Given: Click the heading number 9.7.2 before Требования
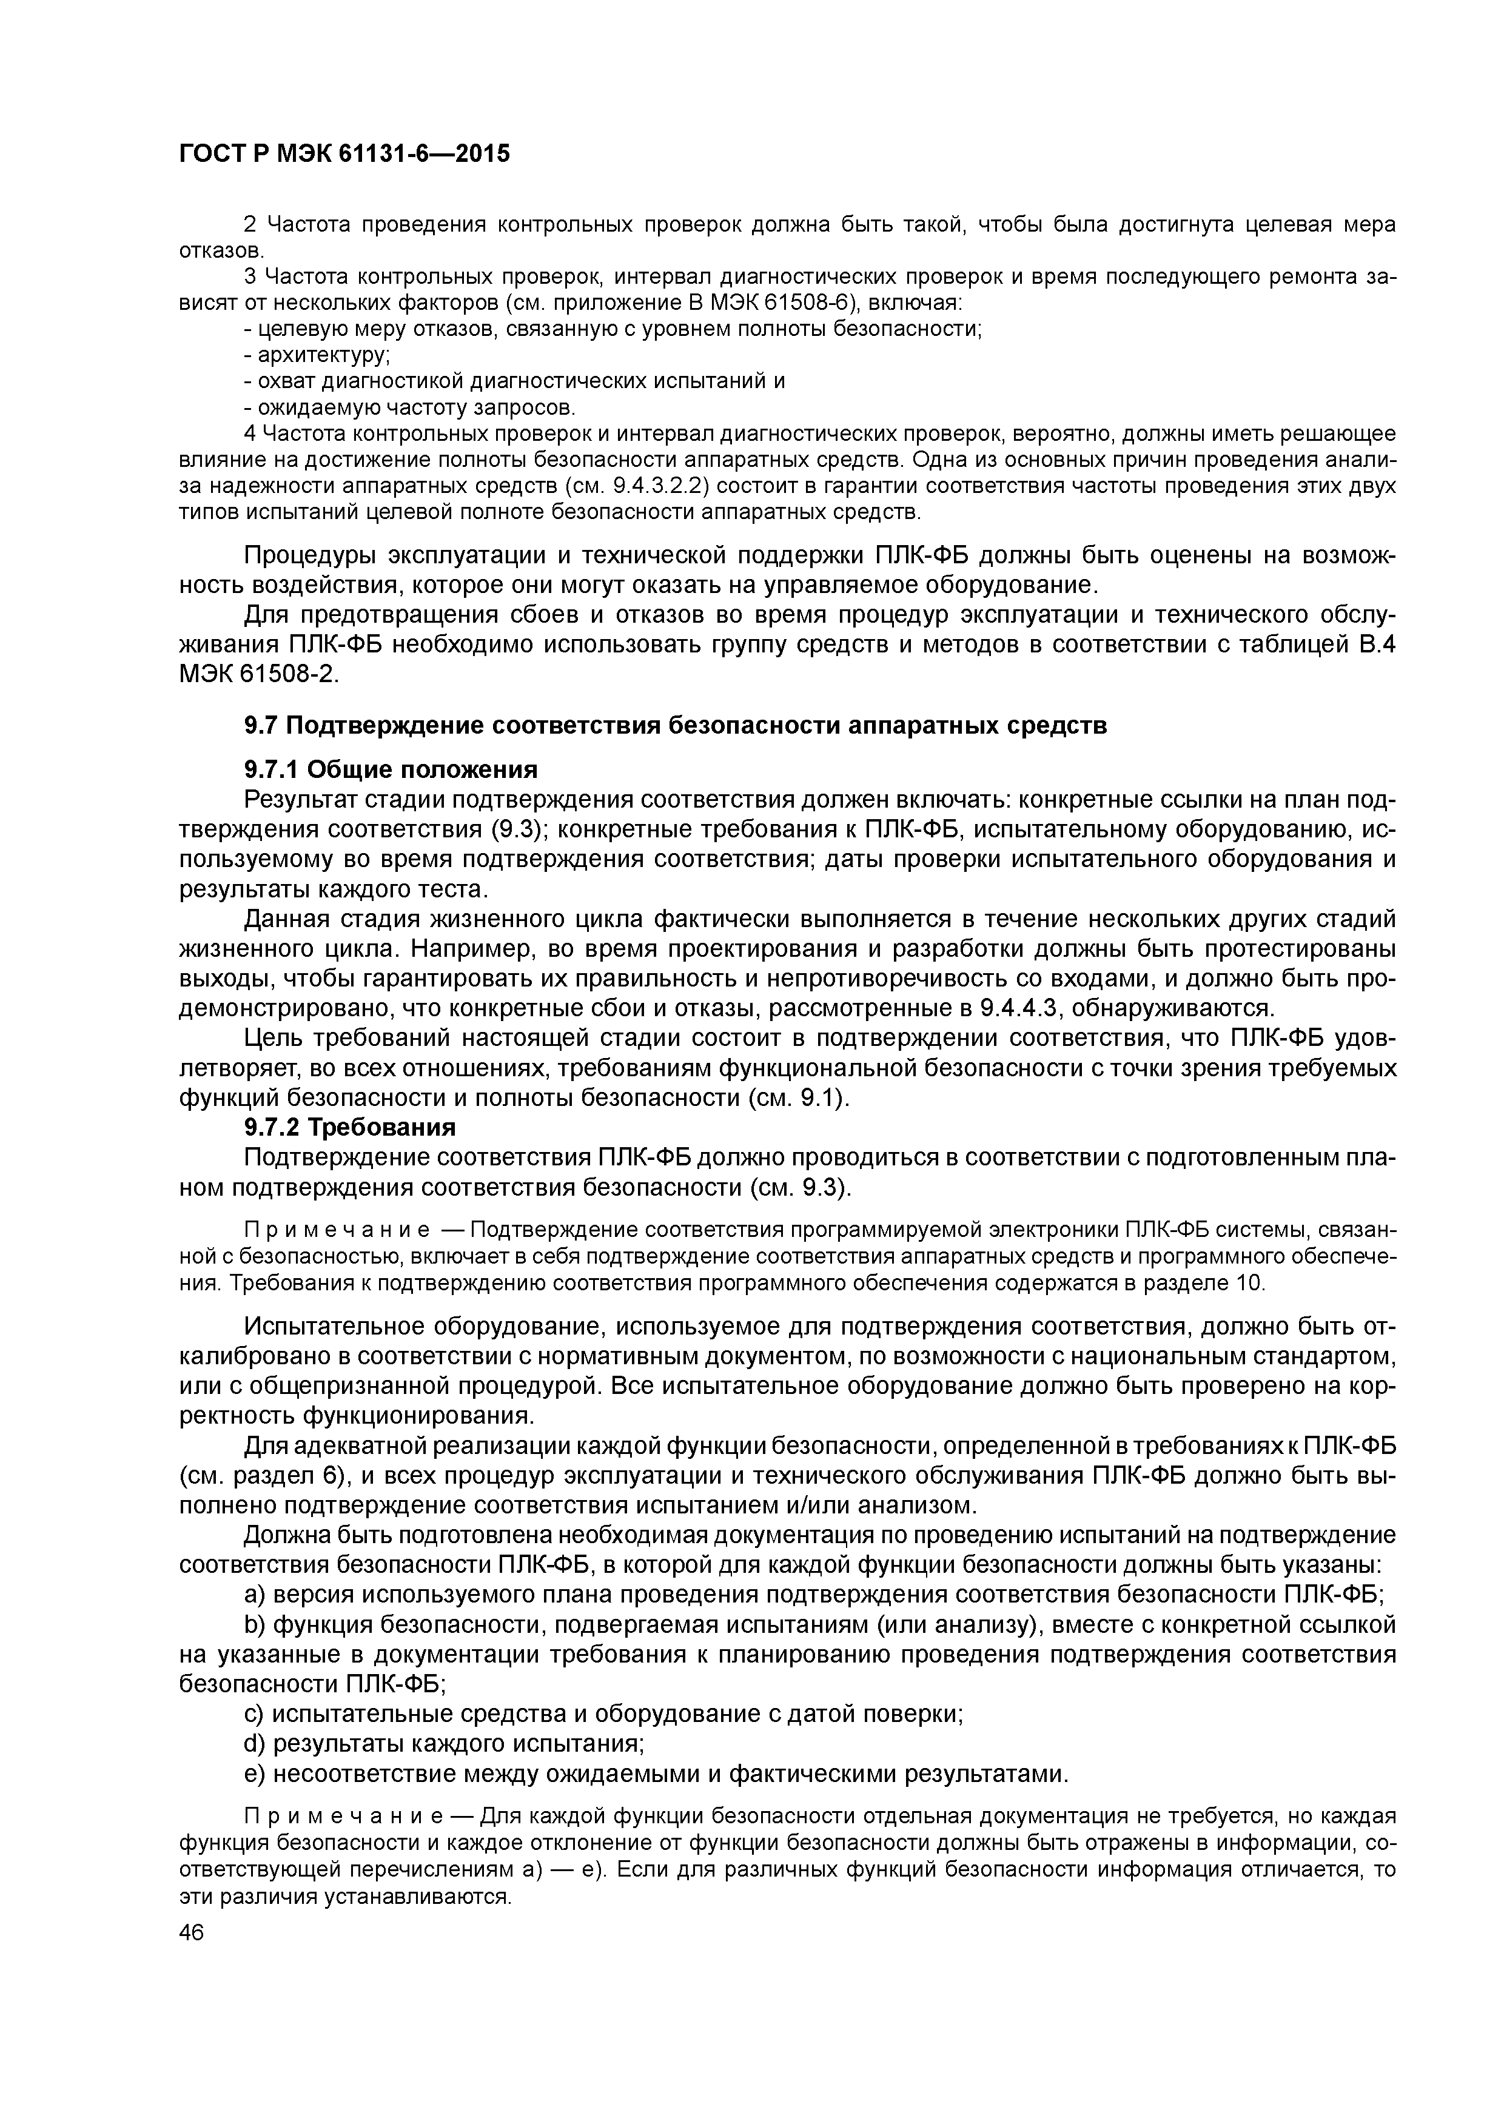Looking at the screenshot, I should [272, 1127].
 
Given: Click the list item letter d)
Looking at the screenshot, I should [254, 1743].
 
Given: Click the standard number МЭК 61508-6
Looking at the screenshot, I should [774, 303].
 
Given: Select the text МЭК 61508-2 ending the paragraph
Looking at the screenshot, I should [258, 674].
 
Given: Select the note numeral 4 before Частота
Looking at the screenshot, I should [249, 434].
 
